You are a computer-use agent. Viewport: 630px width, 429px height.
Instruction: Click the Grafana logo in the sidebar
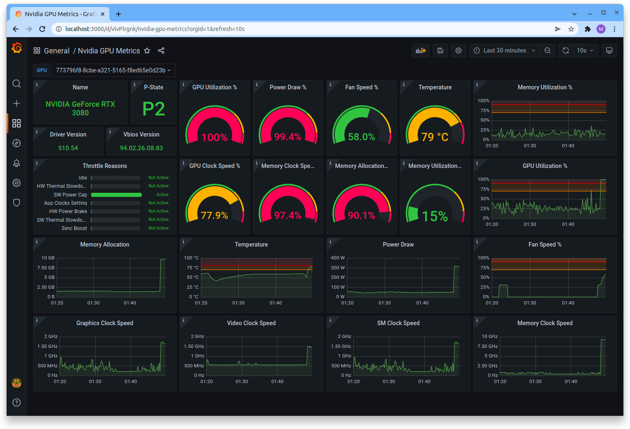click(x=17, y=48)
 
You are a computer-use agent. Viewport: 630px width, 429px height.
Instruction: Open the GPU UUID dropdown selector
click(x=113, y=70)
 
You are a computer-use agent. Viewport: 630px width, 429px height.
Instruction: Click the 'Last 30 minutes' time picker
click(x=504, y=50)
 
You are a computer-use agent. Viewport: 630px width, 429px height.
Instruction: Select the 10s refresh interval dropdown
click(x=585, y=50)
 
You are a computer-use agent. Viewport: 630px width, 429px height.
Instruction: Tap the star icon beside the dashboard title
click(x=147, y=51)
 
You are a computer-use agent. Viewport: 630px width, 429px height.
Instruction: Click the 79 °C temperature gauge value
click(x=434, y=137)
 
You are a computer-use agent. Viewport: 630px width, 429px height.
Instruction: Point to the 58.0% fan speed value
click(x=361, y=137)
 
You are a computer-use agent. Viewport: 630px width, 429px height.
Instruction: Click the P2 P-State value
click(x=154, y=109)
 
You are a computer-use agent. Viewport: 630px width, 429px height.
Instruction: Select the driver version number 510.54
click(x=68, y=148)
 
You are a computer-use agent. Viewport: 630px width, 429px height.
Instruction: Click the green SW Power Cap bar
click(x=116, y=195)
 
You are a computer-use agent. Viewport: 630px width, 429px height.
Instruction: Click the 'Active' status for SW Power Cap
click(x=162, y=195)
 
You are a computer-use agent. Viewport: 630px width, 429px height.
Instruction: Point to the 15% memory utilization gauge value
click(x=434, y=216)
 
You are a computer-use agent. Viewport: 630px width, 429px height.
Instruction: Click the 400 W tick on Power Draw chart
click(x=338, y=258)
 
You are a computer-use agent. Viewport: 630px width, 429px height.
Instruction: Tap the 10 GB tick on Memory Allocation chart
click(x=48, y=258)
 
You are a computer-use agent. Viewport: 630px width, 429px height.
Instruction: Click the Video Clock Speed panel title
click(x=251, y=323)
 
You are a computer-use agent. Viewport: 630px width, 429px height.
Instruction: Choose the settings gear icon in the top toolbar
click(x=459, y=50)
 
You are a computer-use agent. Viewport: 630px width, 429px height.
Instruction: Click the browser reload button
click(x=42, y=29)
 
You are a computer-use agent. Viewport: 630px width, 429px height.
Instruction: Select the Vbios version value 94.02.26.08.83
click(x=141, y=148)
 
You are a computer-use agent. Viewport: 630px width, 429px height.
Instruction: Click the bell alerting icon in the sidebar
click(x=17, y=163)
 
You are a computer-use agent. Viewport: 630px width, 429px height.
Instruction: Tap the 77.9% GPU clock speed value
click(x=214, y=216)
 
